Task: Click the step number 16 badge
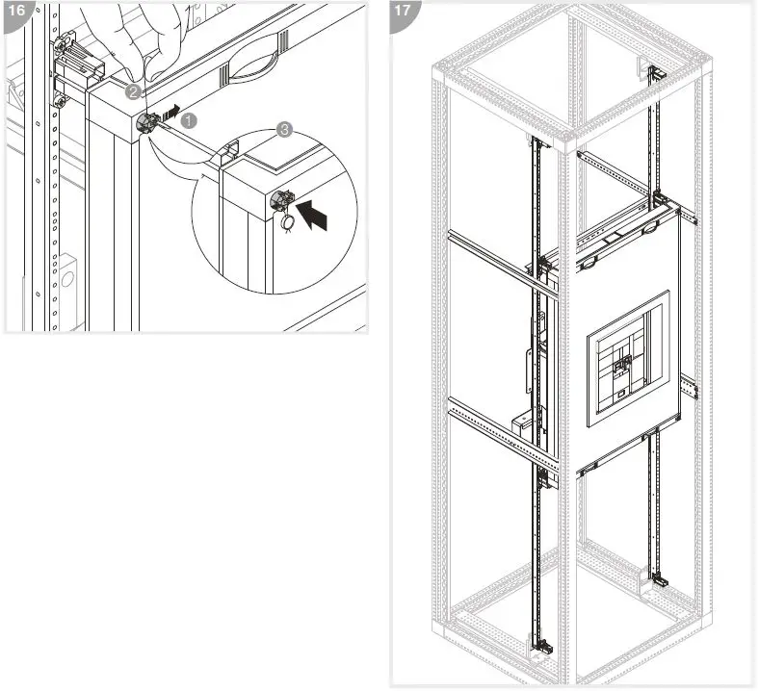click(x=15, y=13)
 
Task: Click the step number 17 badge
click(x=403, y=13)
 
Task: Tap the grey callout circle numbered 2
click(x=133, y=92)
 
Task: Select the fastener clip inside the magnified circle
click(x=282, y=199)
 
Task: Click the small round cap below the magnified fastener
click(x=287, y=222)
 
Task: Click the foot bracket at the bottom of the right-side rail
click(x=660, y=580)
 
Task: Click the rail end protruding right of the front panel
click(x=689, y=388)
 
